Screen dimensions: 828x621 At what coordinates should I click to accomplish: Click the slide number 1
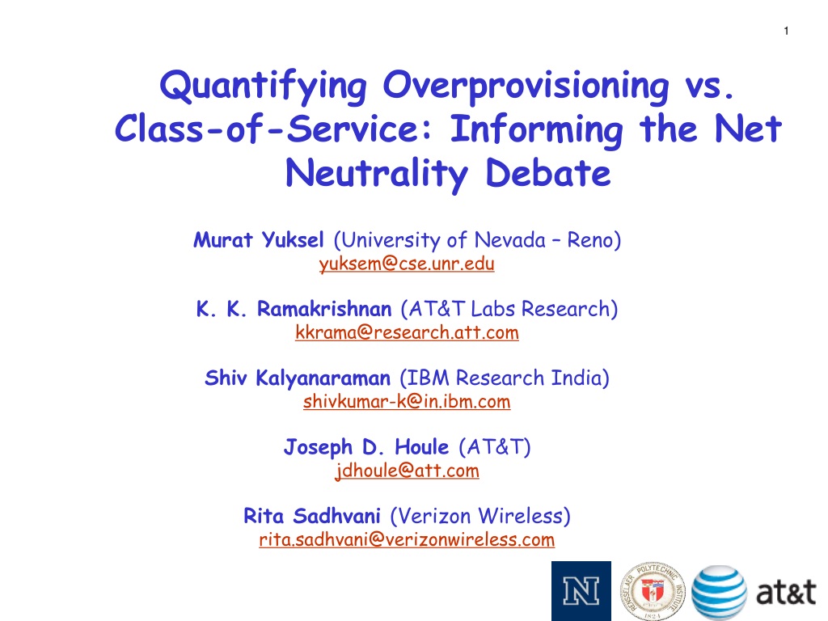pyautogui.click(x=786, y=31)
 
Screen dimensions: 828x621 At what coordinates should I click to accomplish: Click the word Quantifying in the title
pyautogui.click(x=263, y=87)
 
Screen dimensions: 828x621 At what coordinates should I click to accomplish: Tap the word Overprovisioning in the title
pyautogui.click(x=526, y=87)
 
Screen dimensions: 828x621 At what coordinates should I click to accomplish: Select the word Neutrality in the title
pyautogui.click(x=377, y=175)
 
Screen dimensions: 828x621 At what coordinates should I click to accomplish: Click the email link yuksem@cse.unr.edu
pyautogui.click(x=407, y=264)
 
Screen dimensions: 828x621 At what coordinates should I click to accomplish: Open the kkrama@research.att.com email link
pyautogui.click(x=407, y=332)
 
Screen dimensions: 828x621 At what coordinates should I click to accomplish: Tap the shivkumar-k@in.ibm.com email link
pyautogui.click(x=407, y=401)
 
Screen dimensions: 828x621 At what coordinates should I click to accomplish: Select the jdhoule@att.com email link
pyautogui.click(x=407, y=471)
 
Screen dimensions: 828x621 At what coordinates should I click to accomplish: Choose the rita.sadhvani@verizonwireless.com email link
pyautogui.click(x=407, y=539)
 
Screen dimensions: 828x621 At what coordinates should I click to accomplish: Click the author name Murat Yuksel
pyautogui.click(x=258, y=240)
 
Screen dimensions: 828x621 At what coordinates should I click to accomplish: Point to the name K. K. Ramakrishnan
pyautogui.click(x=294, y=309)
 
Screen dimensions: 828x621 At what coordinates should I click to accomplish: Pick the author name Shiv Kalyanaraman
pyautogui.click(x=298, y=378)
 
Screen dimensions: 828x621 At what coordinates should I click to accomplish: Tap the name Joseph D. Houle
pyautogui.click(x=366, y=447)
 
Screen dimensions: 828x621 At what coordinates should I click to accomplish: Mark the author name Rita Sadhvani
pyautogui.click(x=311, y=516)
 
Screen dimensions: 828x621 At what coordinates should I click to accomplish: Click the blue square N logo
pyautogui.click(x=581, y=591)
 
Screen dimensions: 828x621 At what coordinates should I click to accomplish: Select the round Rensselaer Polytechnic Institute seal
pyautogui.click(x=653, y=591)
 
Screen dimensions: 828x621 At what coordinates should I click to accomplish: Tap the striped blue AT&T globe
pyautogui.click(x=719, y=592)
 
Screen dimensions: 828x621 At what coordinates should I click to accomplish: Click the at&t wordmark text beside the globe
pyautogui.click(x=786, y=592)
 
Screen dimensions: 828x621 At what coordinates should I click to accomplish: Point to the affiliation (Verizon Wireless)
pyautogui.click(x=480, y=516)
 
